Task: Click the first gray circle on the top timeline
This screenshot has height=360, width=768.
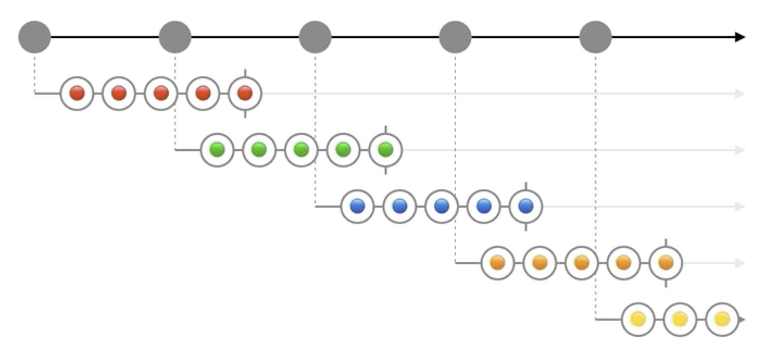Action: tap(35, 37)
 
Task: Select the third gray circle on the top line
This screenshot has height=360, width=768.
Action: tap(315, 37)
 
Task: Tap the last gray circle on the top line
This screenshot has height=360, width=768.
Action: tap(595, 37)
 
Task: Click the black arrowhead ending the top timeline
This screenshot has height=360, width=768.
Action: tap(740, 37)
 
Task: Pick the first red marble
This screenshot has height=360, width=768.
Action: tap(77, 93)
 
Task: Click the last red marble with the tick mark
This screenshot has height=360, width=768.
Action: tap(245, 93)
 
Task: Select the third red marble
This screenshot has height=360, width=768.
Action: tap(161, 93)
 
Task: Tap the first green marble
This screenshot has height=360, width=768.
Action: tap(217, 149)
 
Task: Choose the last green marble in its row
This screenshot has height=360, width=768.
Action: tap(385, 149)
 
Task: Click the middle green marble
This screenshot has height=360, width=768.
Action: tap(301, 149)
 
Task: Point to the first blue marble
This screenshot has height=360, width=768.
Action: tap(357, 206)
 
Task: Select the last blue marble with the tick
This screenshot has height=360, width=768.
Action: tap(525, 206)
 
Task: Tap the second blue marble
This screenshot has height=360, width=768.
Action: tap(399, 206)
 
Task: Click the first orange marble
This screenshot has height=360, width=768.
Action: tap(497, 263)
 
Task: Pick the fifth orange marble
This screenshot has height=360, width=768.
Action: tap(665, 263)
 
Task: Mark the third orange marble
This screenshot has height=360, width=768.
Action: tap(582, 263)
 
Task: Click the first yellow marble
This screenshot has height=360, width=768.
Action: tap(638, 320)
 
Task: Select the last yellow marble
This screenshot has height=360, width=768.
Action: tap(722, 320)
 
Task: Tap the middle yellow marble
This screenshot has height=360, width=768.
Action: tap(680, 320)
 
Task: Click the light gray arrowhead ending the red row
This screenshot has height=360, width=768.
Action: tap(740, 93)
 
